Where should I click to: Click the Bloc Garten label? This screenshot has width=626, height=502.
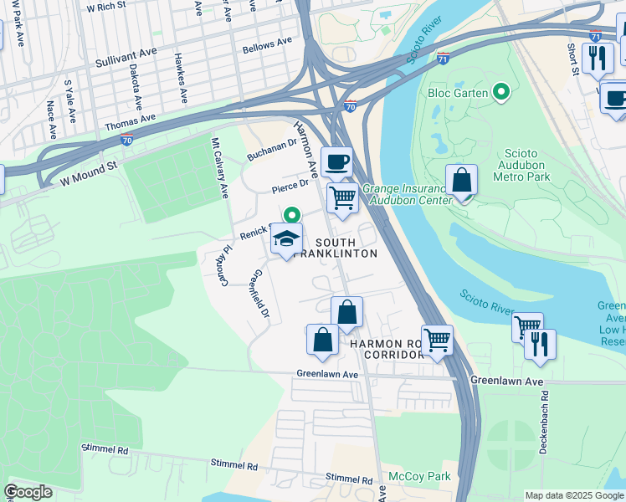[x=459, y=93]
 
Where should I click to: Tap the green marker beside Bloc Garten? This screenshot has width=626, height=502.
[x=501, y=92]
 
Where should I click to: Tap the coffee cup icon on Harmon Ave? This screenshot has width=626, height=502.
[x=336, y=161]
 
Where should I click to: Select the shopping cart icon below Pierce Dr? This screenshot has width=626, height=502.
[x=342, y=198]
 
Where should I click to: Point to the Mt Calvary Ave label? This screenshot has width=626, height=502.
[x=219, y=167]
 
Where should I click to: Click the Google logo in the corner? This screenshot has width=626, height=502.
[x=28, y=492]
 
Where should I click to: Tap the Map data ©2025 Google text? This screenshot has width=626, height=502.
[x=573, y=495]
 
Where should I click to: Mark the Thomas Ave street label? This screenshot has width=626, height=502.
[x=131, y=124]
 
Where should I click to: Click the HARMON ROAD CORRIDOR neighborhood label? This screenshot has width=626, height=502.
[x=388, y=350]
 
